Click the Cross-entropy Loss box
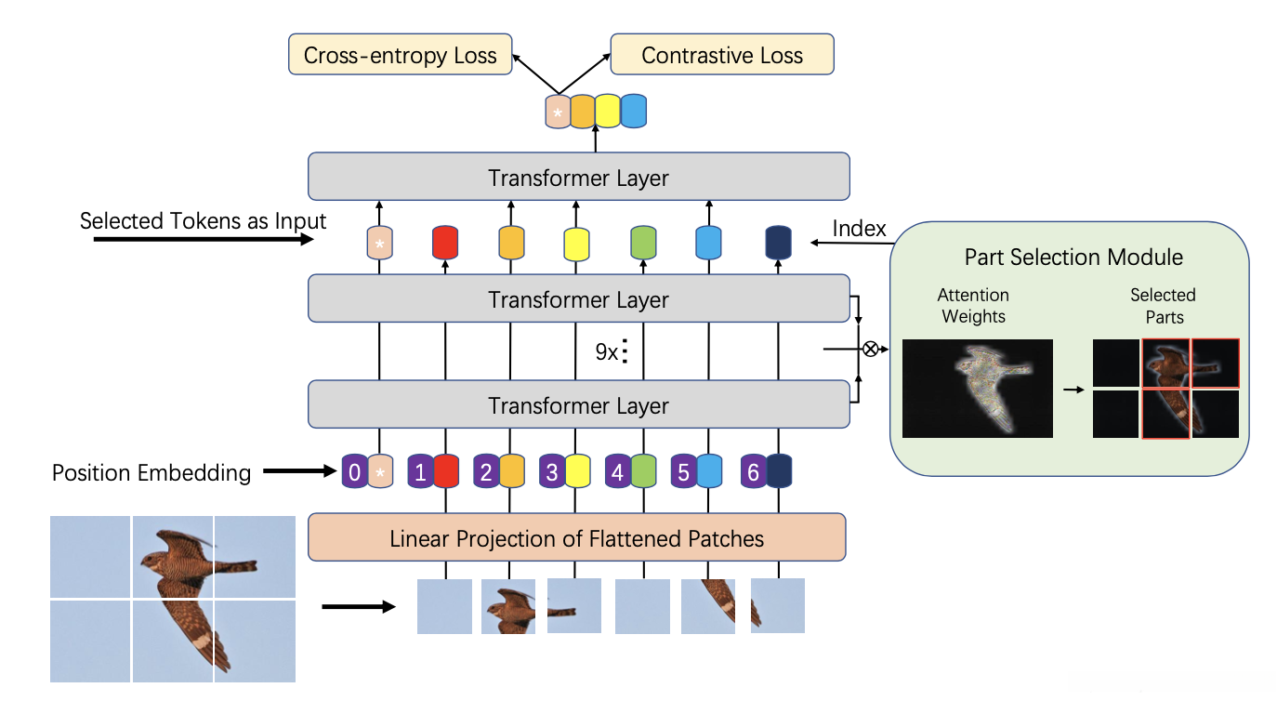tap(401, 55)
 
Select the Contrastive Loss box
tap(721, 55)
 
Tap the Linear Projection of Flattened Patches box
tap(576, 537)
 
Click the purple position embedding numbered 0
tap(354, 473)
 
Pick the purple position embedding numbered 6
tap(753, 473)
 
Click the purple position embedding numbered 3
tap(552, 473)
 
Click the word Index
tap(859, 229)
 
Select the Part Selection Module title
tap(1073, 257)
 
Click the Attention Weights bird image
tap(977, 388)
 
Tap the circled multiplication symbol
tap(871, 350)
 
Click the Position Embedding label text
tap(151, 473)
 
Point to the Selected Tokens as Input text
tap(203, 221)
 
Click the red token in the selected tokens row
tap(445, 243)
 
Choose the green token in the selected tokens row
tap(643, 243)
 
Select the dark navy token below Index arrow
tap(777, 243)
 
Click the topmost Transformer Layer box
tap(578, 177)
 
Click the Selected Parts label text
tap(1163, 306)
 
